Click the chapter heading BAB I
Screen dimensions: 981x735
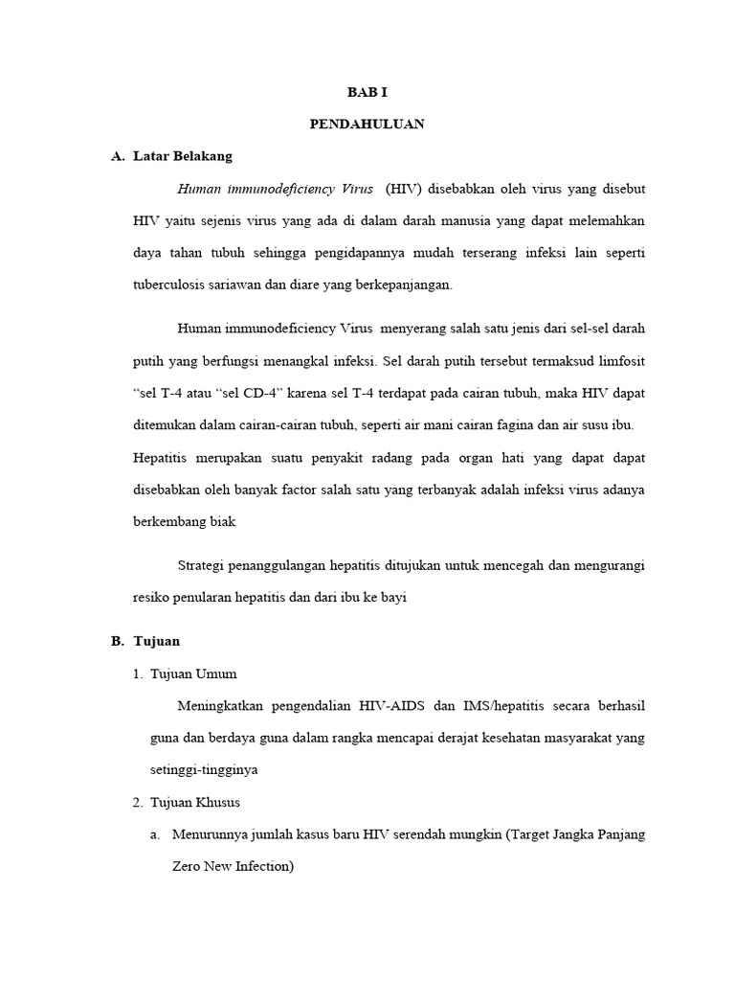click(367, 93)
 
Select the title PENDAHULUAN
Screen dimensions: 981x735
click(367, 125)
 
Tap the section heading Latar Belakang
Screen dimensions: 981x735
click(183, 156)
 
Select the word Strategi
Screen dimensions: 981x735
click(206, 565)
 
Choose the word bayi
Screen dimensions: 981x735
click(393, 597)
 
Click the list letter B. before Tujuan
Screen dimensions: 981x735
click(117, 641)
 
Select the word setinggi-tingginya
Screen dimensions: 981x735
click(204, 769)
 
